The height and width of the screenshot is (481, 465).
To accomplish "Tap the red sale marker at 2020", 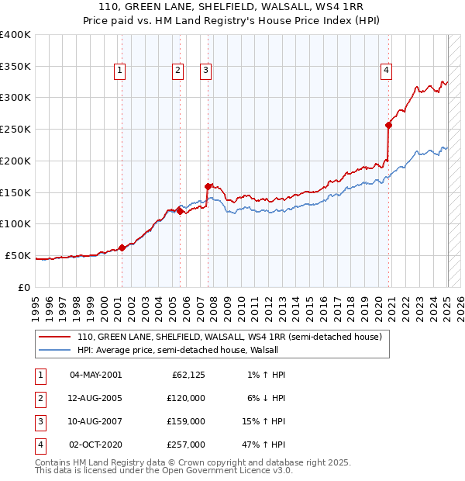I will [389, 124].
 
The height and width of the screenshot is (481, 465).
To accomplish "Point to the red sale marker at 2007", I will [208, 186].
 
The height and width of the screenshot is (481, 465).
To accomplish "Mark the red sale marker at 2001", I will [122, 247].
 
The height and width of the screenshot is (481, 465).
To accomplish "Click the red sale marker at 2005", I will [180, 210].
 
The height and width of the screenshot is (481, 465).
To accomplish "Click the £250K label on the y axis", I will [15, 129].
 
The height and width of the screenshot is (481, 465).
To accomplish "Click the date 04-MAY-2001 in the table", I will [95, 375].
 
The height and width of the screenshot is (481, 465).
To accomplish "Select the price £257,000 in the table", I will [187, 445].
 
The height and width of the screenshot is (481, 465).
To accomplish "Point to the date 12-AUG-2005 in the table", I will [95, 398].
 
